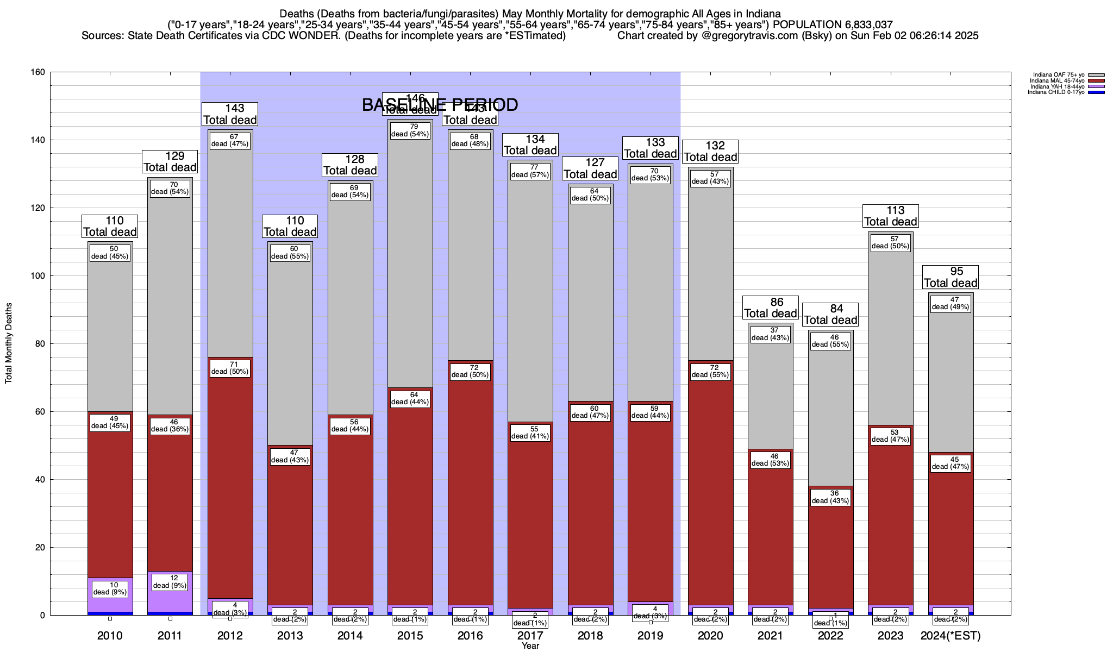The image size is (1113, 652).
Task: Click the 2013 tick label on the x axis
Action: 290,635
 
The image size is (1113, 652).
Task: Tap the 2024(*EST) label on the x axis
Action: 951,635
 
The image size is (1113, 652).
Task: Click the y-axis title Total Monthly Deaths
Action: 9,343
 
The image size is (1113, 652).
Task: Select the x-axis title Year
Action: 530,646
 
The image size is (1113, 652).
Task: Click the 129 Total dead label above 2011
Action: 170,162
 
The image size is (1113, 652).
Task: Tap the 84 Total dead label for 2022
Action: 830,315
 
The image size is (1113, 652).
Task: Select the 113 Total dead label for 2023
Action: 891,216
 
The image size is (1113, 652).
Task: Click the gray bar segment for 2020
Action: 710,272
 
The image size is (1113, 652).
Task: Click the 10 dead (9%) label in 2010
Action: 110,588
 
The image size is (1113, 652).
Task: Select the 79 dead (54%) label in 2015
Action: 410,130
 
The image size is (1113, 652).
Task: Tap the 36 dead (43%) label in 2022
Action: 830,497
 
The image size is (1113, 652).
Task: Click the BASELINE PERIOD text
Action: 440,105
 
